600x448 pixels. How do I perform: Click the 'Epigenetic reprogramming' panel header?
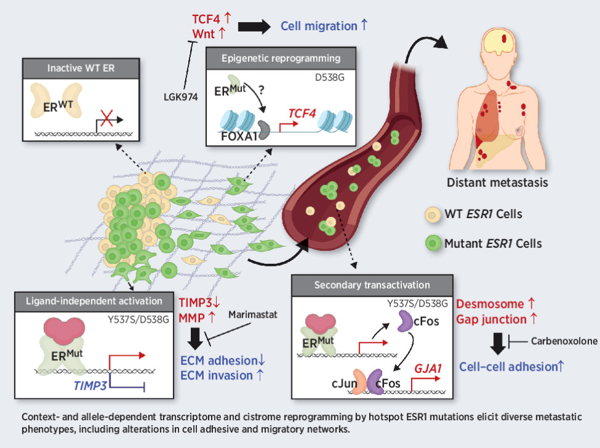click(282, 60)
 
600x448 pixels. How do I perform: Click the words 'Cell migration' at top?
click(319, 26)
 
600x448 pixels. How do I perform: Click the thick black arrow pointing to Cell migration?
click(253, 26)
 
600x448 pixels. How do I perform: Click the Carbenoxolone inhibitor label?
click(560, 340)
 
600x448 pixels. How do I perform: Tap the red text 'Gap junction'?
click(491, 319)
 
